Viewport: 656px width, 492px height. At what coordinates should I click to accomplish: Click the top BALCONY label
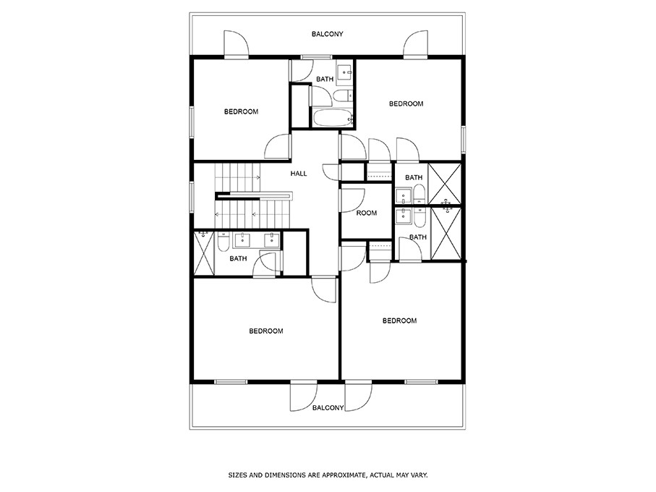[327, 34]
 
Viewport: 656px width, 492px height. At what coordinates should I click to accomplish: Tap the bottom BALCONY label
[327, 408]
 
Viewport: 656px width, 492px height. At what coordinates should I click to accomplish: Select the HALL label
[299, 174]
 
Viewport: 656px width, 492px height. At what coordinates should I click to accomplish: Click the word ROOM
[367, 213]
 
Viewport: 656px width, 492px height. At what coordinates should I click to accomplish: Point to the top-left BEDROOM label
[241, 111]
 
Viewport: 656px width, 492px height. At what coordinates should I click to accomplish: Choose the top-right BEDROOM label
[406, 104]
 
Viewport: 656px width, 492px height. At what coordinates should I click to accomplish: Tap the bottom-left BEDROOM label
[265, 331]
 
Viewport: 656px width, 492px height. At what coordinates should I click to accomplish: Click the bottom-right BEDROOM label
[399, 321]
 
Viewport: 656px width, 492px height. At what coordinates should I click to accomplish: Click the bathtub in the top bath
[332, 119]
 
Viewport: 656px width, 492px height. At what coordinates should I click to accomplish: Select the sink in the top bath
[345, 72]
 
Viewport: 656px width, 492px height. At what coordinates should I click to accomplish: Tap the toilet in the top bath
[343, 95]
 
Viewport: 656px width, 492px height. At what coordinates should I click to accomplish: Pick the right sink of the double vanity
[271, 239]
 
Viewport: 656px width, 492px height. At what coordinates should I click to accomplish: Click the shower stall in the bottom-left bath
[204, 253]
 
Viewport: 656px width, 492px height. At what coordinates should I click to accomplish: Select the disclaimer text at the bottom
[328, 475]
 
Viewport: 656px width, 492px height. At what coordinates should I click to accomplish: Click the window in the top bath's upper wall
[312, 57]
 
